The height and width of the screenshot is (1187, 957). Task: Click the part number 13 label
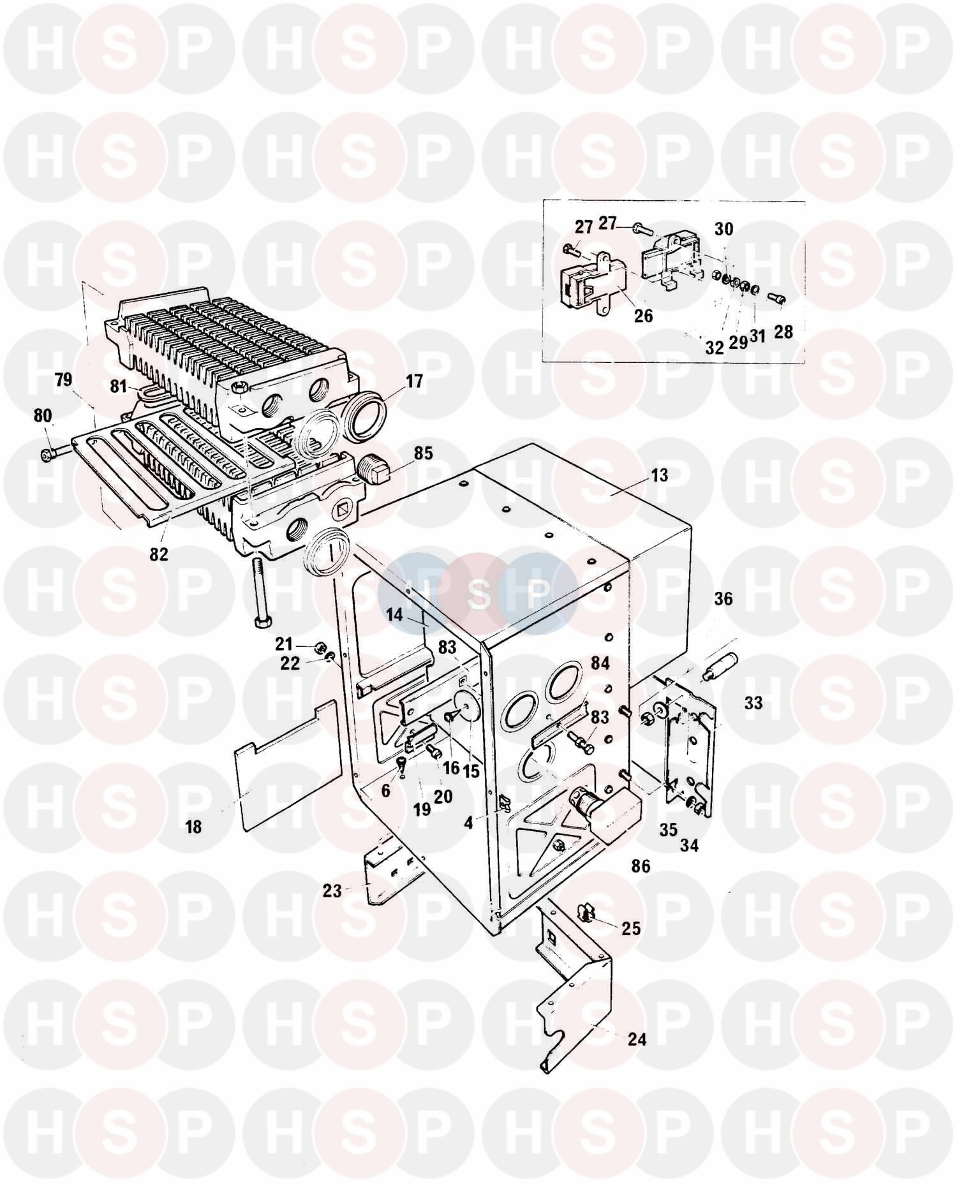[x=660, y=475]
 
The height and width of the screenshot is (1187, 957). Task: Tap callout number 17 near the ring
[x=414, y=381]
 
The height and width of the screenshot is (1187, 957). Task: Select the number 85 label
[x=423, y=453]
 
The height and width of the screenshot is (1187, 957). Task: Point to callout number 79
[x=63, y=381]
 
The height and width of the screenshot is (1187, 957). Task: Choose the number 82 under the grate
[x=159, y=554]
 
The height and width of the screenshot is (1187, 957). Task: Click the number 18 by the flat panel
[x=193, y=827]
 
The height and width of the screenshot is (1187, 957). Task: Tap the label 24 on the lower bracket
[x=637, y=1040]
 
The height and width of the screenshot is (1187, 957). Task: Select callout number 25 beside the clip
[x=631, y=928]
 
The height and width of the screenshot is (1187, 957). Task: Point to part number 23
[x=332, y=890]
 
